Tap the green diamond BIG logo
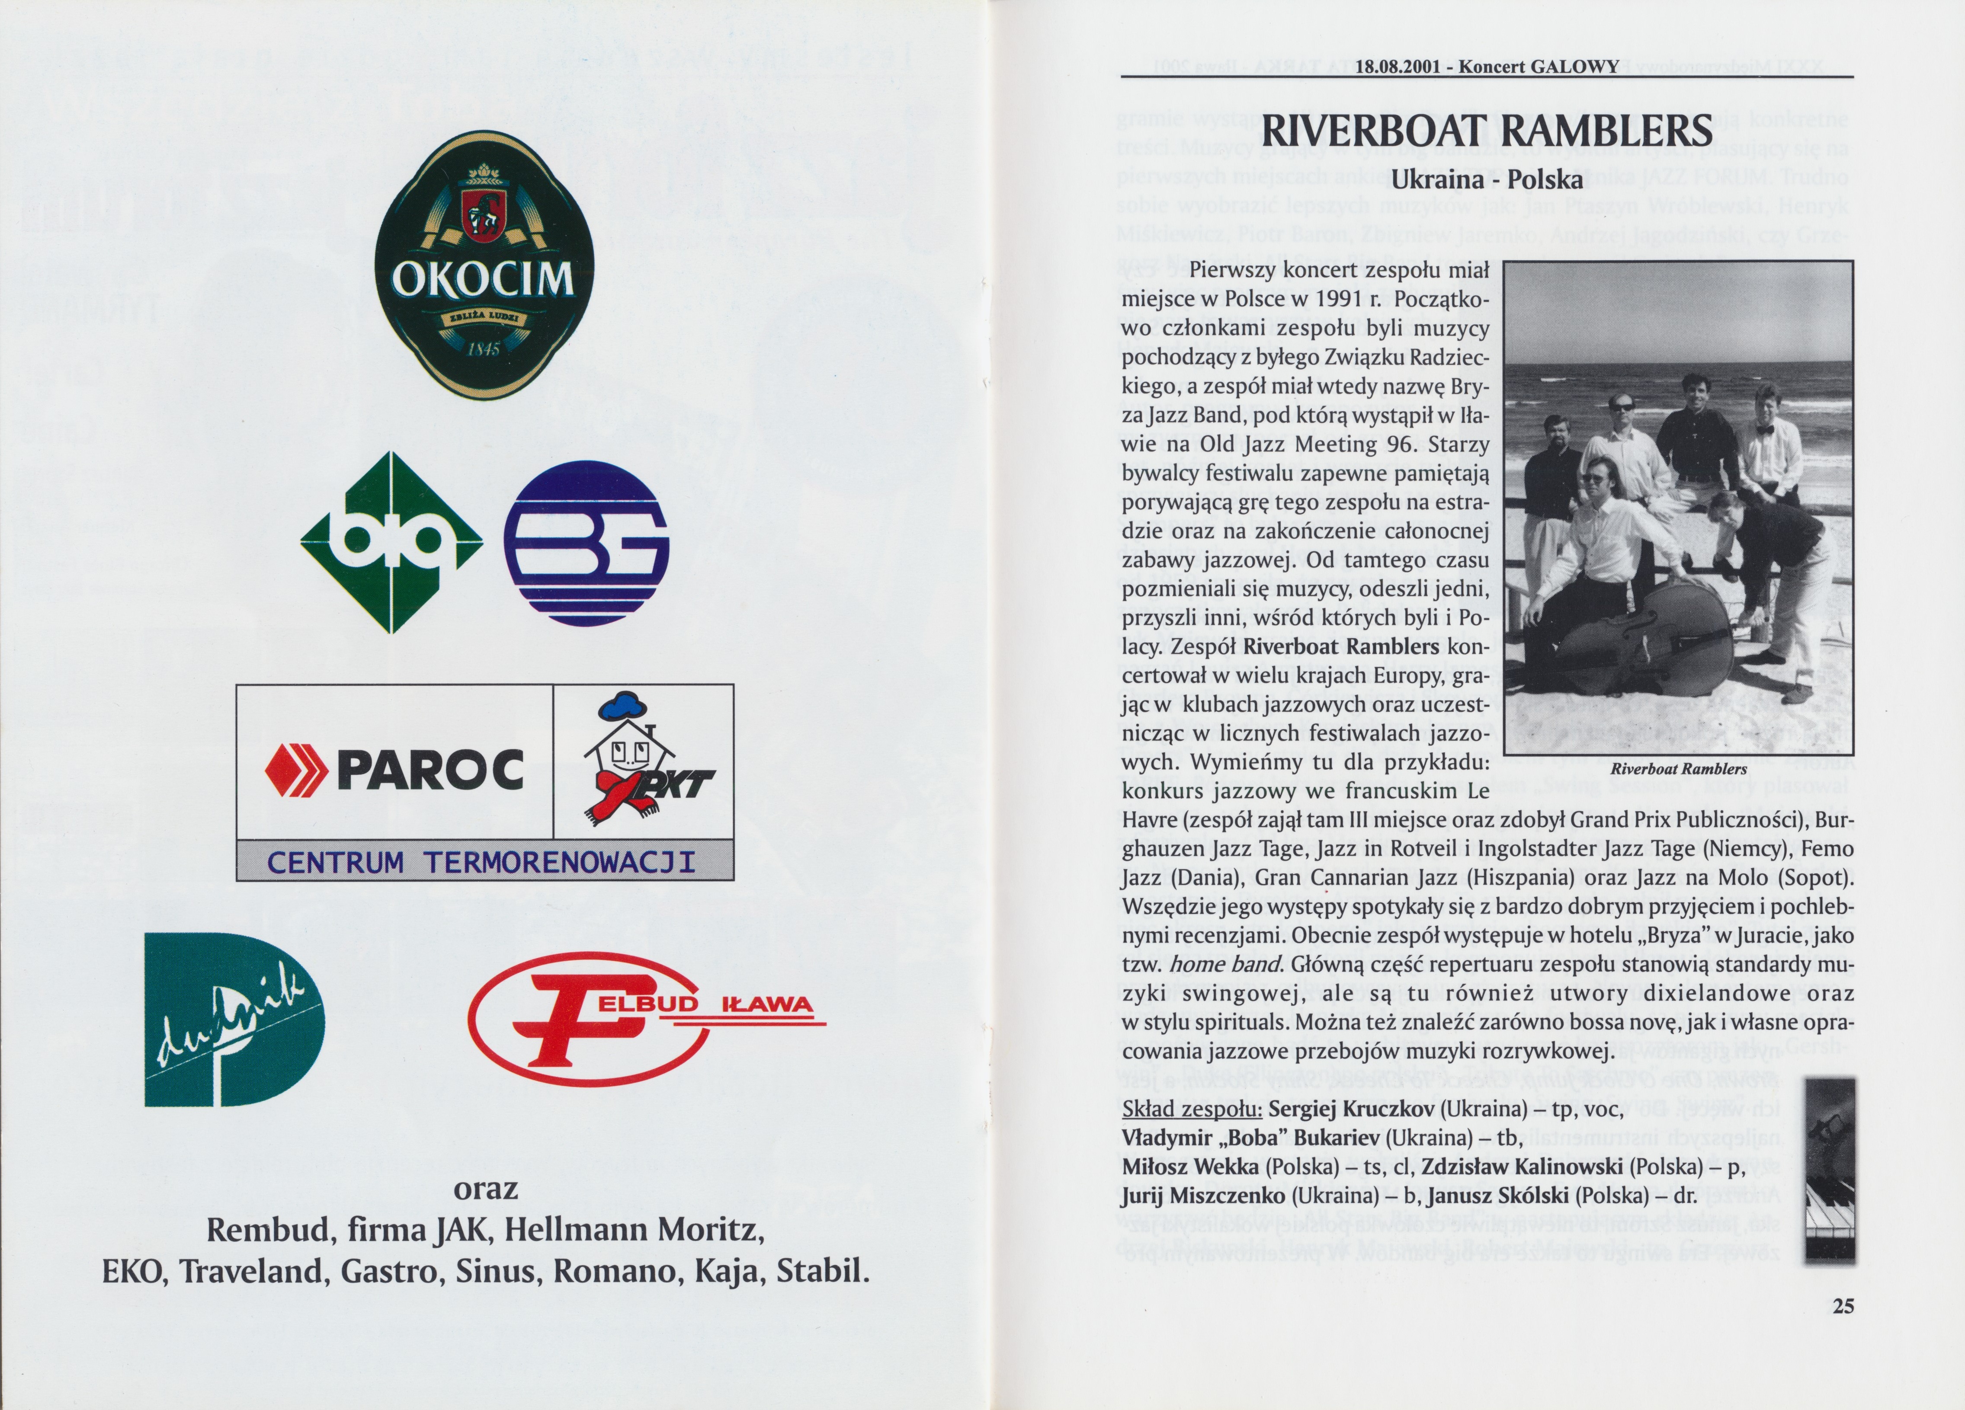pos(391,542)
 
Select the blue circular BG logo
pos(587,543)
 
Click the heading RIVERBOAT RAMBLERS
pos(1487,131)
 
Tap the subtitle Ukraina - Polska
pos(1487,180)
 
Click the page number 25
pos(1843,1306)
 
